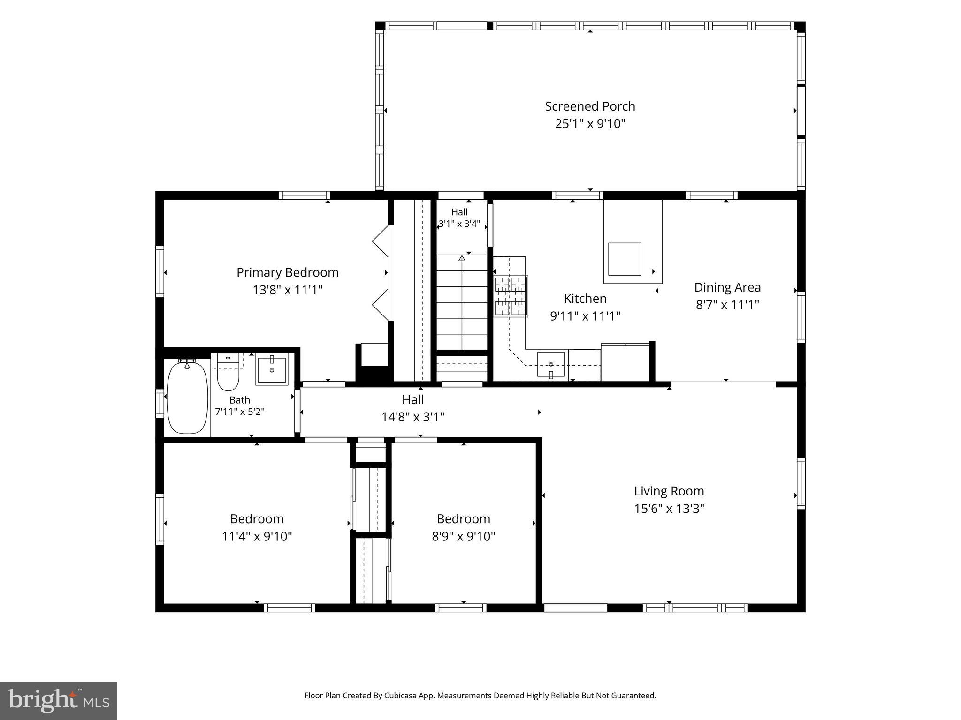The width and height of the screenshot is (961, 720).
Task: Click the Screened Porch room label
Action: click(590, 106)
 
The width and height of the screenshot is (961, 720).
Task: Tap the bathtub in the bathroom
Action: click(187, 397)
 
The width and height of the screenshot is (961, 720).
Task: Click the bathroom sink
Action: click(272, 370)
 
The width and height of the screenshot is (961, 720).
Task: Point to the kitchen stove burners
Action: click(511, 296)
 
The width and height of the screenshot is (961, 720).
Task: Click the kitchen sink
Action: click(551, 365)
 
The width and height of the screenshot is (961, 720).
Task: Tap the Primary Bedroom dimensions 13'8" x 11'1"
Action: click(288, 290)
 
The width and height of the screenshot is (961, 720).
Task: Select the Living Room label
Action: click(669, 491)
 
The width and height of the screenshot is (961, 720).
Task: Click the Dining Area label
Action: click(727, 287)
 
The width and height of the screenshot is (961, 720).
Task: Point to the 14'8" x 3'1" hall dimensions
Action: click(413, 417)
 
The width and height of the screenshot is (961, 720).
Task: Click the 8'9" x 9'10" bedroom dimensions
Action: click(464, 536)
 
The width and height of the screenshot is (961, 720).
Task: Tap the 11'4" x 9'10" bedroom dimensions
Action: click(257, 536)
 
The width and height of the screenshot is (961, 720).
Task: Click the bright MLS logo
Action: click(59, 701)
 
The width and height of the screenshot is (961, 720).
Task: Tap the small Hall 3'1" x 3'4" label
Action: click(459, 218)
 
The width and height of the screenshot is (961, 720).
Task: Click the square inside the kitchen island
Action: click(625, 259)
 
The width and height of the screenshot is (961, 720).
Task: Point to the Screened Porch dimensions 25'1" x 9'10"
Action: click(590, 124)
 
